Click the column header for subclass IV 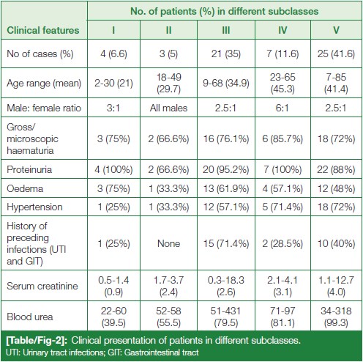(282, 30)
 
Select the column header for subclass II (168, 30)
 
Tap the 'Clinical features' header (43, 30)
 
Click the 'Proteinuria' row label (29, 169)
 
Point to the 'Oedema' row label (25, 188)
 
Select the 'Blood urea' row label (30, 317)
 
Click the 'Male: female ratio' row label (44, 108)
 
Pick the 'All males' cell (168, 108)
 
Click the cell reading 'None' (168, 243)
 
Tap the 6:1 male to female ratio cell (282, 108)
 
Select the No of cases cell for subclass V (336, 53)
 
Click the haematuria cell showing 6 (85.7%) (282, 138)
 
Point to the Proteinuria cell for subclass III (226, 169)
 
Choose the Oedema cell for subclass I (113, 188)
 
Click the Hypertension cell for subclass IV (282, 207)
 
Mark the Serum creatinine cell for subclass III (226, 286)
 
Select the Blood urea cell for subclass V (336, 317)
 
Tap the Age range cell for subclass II (168, 83)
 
